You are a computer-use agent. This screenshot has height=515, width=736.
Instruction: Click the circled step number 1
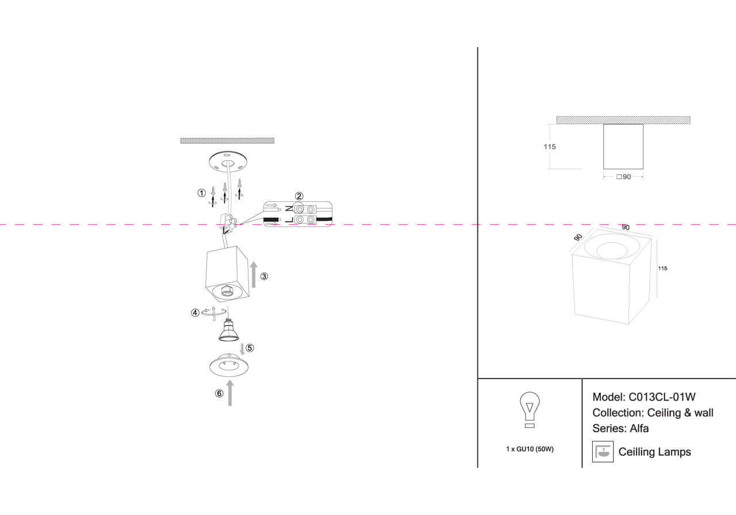click(201, 193)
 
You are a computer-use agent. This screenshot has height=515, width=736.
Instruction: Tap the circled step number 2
click(299, 196)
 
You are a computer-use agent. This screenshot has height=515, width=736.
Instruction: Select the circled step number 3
click(264, 276)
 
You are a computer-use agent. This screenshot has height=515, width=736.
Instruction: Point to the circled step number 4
click(195, 313)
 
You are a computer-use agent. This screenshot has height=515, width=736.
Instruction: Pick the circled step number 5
click(250, 347)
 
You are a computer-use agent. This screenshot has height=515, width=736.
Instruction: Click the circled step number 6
click(219, 394)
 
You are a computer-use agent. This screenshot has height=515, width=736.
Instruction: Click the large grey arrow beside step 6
click(230, 393)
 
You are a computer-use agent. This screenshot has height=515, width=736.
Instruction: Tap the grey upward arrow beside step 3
click(253, 274)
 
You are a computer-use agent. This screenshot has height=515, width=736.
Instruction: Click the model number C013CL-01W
click(662, 397)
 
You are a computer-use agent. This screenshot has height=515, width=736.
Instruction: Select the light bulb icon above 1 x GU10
click(530, 409)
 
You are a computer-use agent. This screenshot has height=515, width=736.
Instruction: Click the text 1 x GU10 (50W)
click(530, 449)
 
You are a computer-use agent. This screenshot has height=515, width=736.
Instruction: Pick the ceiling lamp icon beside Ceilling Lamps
click(603, 451)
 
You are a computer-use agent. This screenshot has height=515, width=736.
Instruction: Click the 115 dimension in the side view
click(550, 147)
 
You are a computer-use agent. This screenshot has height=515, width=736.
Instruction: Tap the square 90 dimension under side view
click(623, 177)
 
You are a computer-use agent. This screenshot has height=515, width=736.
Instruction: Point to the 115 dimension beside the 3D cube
click(663, 268)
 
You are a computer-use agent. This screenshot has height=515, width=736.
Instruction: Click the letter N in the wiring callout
click(289, 209)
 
